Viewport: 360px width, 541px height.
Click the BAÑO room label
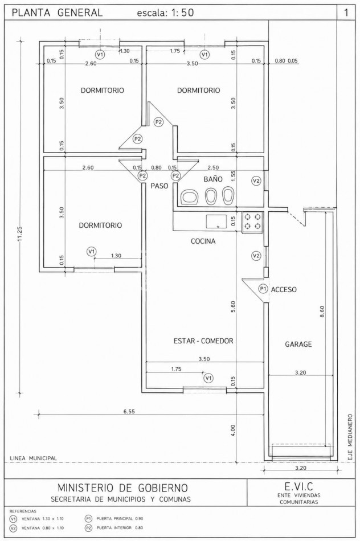(213, 179)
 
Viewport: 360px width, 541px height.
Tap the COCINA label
(203, 241)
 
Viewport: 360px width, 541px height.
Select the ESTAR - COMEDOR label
(203, 341)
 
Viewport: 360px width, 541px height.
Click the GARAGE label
(298, 344)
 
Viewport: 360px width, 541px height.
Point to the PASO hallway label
(159, 186)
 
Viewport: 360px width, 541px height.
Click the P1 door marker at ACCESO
(263, 289)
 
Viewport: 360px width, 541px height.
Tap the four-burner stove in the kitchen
(252, 222)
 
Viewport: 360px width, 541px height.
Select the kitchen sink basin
(216, 222)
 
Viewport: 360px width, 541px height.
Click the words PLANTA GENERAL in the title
(58, 13)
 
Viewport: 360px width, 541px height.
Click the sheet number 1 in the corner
(346, 13)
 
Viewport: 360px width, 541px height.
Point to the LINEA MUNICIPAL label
(34, 458)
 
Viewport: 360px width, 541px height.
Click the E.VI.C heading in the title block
(299, 486)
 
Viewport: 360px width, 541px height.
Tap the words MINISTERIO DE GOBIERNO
(123, 488)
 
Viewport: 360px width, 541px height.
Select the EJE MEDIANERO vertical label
(350, 436)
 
